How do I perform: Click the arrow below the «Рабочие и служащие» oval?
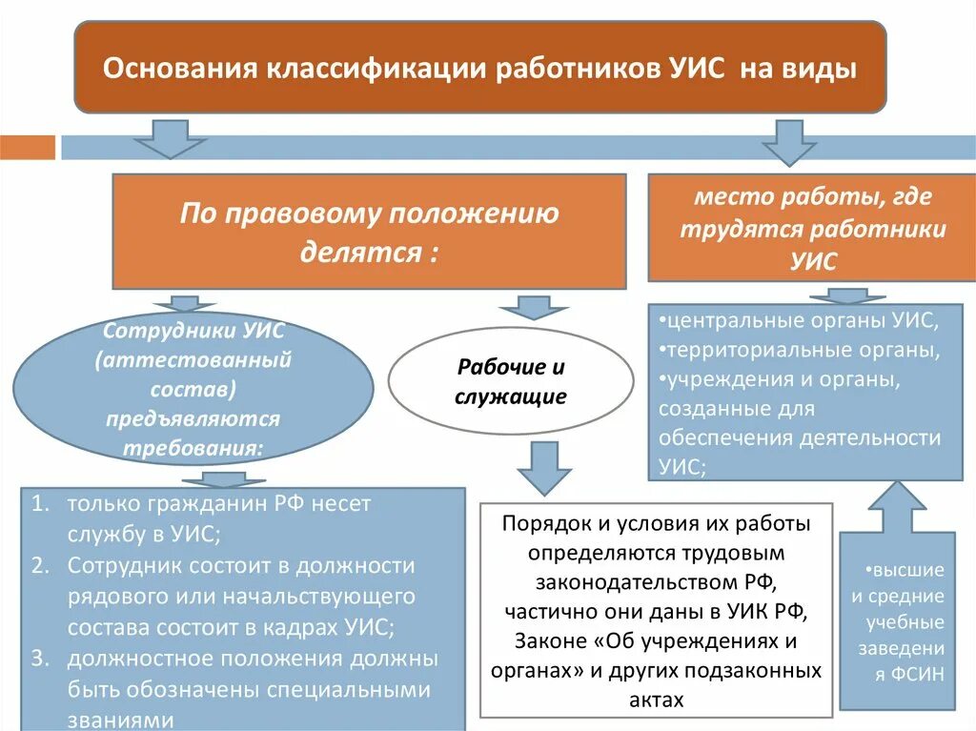pyautogui.click(x=544, y=467)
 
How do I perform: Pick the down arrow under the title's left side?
pyautogui.click(x=170, y=139)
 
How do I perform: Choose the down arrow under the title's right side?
pyautogui.click(x=788, y=142)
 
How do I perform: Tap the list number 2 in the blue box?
pyautogui.click(x=38, y=565)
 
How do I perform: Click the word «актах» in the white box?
pyautogui.click(x=657, y=700)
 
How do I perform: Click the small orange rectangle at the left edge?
pyautogui.click(x=28, y=148)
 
